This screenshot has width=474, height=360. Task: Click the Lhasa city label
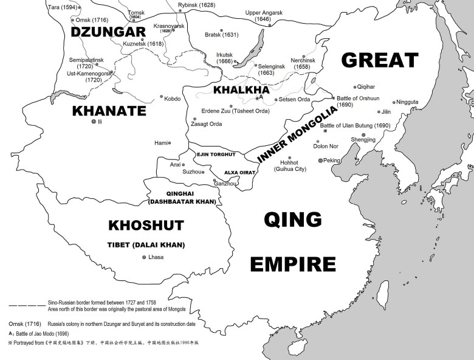[x=156, y=257]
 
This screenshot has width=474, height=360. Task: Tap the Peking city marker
[x=321, y=160]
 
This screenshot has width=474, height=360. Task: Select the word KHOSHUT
[x=146, y=226]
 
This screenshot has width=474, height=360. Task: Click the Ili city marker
[x=93, y=122]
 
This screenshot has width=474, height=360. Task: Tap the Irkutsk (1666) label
[x=224, y=57]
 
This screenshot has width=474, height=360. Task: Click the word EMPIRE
[x=293, y=264]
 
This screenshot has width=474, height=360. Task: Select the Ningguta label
[x=407, y=102]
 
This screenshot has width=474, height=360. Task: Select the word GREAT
[x=380, y=60]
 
